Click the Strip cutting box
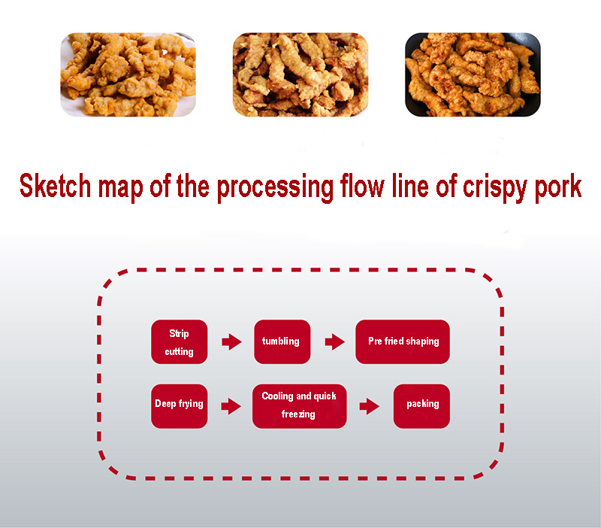[x=180, y=342]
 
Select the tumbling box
[x=282, y=342]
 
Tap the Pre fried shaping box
[x=403, y=342]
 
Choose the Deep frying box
[x=180, y=406]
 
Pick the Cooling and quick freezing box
[x=299, y=406]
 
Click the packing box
[x=421, y=406]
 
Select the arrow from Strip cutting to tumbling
[x=231, y=342]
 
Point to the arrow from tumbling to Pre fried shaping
[x=334, y=342]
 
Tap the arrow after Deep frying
[x=231, y=406]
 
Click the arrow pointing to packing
[x=369, y=406]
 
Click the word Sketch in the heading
[x=55, y=186]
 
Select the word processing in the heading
[x=275, y=187]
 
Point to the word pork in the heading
[x=558, y=187]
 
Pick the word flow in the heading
[x=362, y=186]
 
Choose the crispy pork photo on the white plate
[x=128, y=74]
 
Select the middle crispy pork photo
[x=300, y=74]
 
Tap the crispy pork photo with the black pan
[x=473, y=74]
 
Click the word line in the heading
[x=409, y=186]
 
